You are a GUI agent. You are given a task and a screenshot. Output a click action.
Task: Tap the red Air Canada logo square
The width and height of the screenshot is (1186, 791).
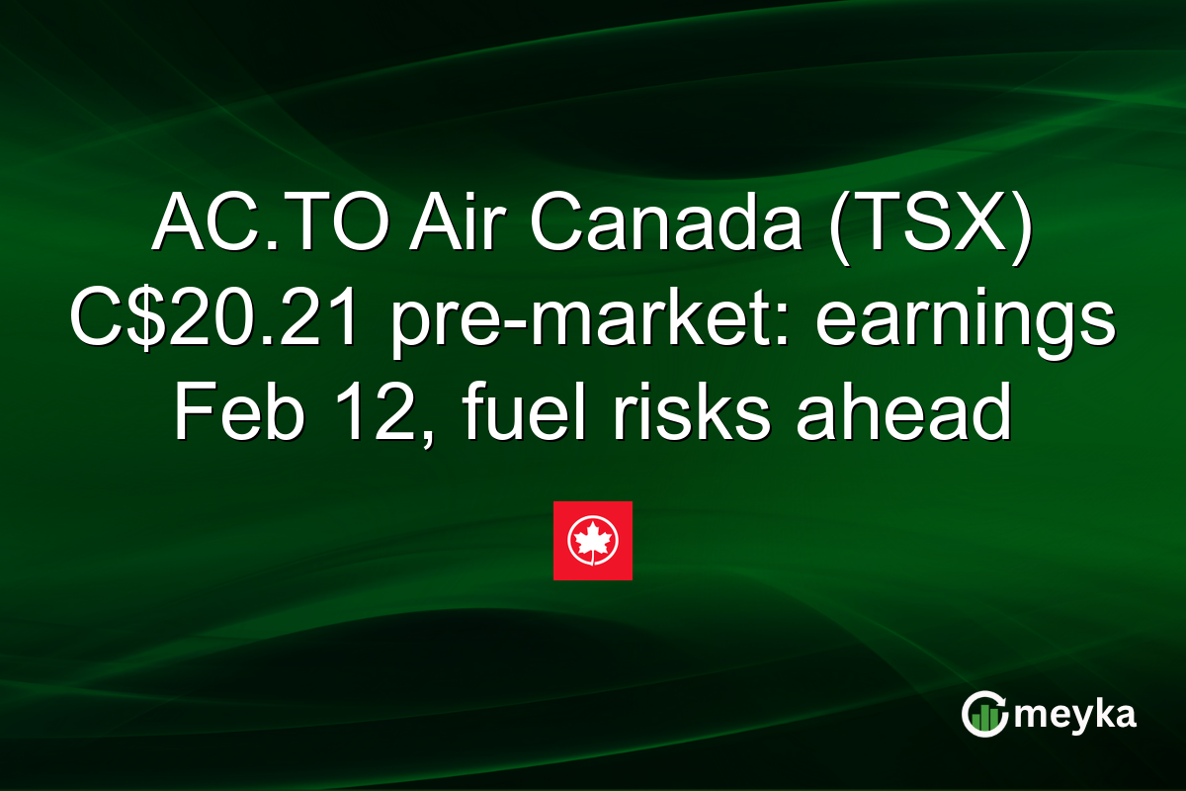592,541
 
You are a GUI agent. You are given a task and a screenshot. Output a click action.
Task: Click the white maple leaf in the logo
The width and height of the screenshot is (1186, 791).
592,540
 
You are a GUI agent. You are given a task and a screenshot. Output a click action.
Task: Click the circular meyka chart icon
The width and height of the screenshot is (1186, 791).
983,715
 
